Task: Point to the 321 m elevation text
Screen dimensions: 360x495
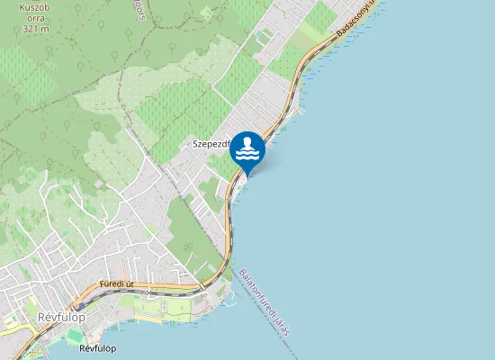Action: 35,28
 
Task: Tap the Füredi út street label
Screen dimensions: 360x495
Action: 117,283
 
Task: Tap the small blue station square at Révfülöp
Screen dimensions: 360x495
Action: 96,328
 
